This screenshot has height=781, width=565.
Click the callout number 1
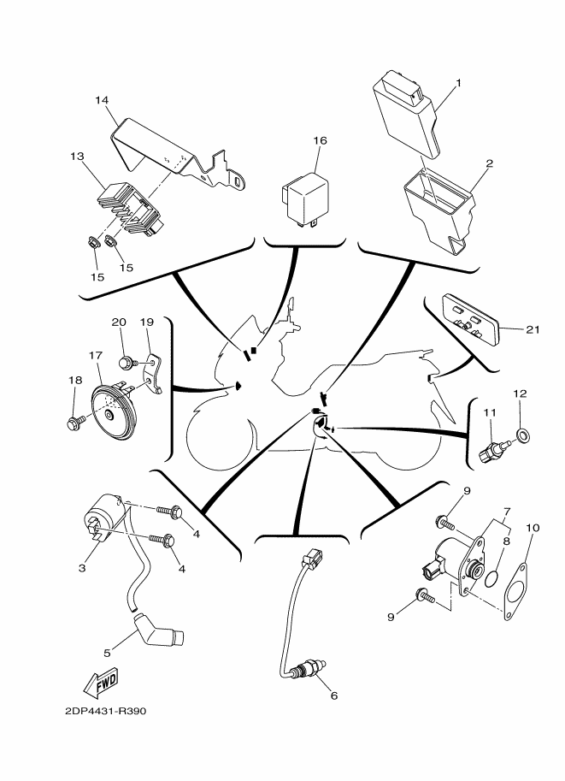[x=458, y=83]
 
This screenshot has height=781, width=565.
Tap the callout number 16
[x=319, y=140]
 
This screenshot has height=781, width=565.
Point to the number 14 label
[x=102, y=101]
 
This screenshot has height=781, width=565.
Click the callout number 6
[x=333, y=695]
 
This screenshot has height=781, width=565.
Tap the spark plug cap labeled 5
[x=160, y=632]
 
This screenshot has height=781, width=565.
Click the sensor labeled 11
[x=496, y=450]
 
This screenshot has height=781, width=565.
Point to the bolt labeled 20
[x=127, y=363]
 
